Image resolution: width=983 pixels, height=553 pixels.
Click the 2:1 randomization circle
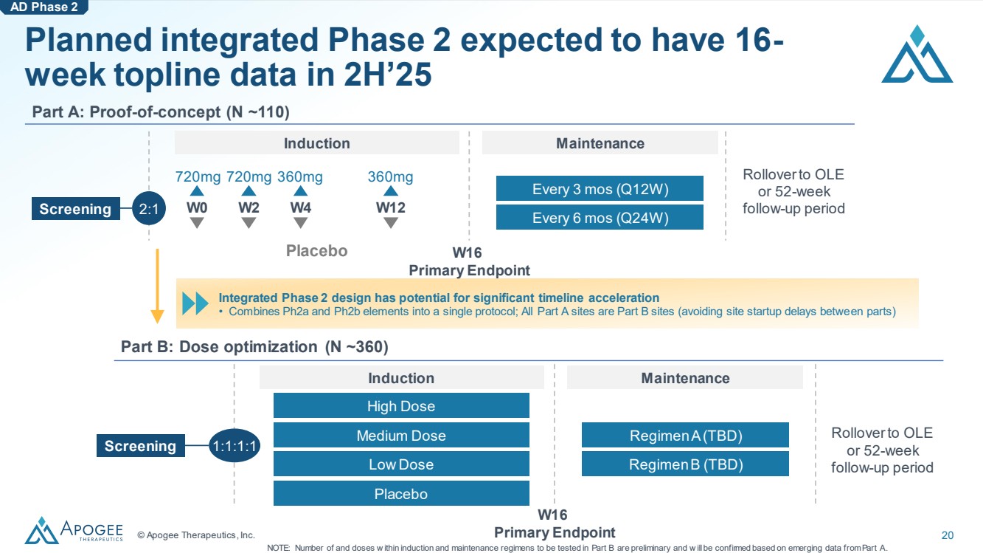pos(149,209)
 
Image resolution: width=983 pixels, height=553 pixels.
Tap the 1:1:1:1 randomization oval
pos(235,446)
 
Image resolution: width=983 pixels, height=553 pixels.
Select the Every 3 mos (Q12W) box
pos(600,188)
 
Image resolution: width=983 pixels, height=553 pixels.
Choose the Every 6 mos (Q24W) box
pos(600,217)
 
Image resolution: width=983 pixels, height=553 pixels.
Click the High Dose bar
pos(401,405)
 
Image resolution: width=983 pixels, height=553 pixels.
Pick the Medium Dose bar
pos(401,435)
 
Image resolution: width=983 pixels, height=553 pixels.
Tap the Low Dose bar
pos(401,464)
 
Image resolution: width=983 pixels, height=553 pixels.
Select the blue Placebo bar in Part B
pos(401,493)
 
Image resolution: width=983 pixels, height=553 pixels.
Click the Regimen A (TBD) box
pos(685,435)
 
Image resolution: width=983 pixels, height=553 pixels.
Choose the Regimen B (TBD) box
pos(685,464)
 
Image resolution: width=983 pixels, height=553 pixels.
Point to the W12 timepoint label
pos(391,207)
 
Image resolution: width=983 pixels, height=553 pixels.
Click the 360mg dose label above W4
pos(300,176)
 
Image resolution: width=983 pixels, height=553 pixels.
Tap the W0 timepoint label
pos(197,207)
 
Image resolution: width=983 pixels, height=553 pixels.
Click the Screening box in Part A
pos(75,209)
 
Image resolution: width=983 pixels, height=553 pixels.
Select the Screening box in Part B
pos(140,445)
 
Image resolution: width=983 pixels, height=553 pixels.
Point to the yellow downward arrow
pos(157,286)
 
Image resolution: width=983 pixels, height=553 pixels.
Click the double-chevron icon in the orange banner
pos(195,303)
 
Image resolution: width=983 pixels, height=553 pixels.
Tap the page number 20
pos(948,535)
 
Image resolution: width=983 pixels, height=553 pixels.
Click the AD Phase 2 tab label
pos(44,7)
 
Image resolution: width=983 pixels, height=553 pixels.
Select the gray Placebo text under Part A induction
pos(316,251)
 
